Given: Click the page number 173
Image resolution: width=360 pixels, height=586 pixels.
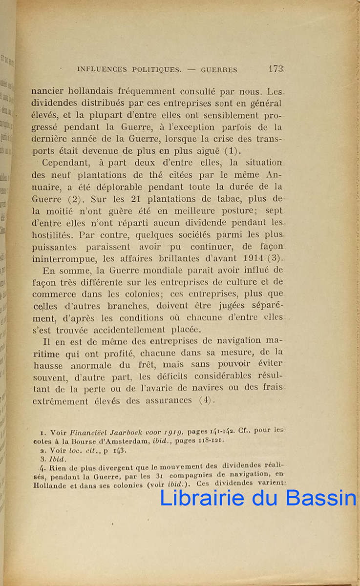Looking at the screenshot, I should point(276,69).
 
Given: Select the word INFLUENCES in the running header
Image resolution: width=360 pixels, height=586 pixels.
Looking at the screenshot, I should point(101,70).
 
